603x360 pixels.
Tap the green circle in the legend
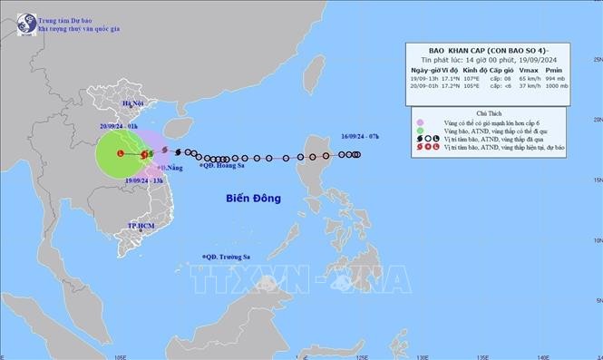click(x=421, y=132)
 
